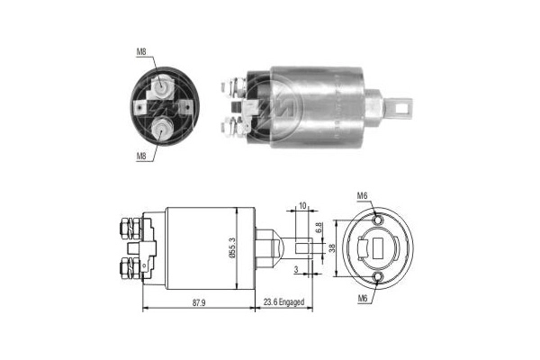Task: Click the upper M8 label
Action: click(141, 52)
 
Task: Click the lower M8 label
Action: click(141, 155)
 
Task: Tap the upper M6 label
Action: click(363, 196)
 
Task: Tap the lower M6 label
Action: click(363, 297)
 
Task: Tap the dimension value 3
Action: click(295, 269)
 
